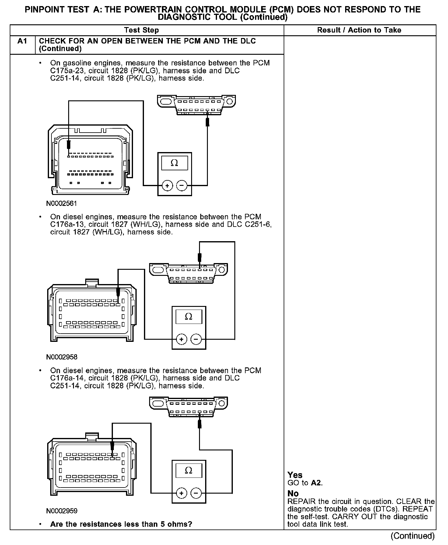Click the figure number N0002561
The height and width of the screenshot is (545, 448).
(61, 203)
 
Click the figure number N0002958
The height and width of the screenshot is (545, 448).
(62, 357)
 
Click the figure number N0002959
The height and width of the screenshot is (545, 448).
(62, 511)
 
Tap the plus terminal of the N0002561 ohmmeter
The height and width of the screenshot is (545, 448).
(167, 185)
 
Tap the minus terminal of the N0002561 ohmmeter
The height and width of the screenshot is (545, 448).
(182, 185)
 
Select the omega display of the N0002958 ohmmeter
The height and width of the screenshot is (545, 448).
(189, 317)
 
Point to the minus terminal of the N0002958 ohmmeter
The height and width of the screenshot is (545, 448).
(196, 339)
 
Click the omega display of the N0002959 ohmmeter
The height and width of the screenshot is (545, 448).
(189, 470)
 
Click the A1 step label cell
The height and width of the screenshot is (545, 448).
(23, 41)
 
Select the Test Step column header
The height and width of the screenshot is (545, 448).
(142, 30)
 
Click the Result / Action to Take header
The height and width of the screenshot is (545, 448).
(359, 30)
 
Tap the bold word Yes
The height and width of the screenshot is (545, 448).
(295, 475)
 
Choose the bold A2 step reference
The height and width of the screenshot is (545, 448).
(316, 483)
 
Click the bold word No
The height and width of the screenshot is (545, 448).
(293, 493)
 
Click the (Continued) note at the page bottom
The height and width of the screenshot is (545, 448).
(412, 536)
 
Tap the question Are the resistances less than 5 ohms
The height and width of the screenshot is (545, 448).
(121, 524)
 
